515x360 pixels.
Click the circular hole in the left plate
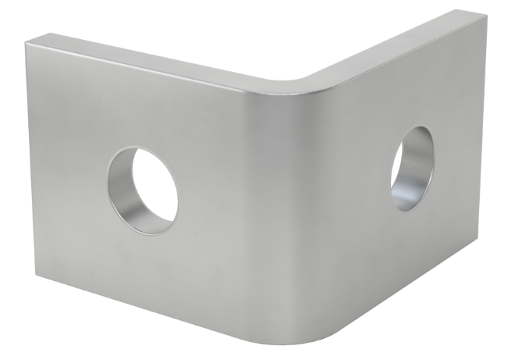pos(143,189)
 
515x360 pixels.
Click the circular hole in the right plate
pos(411,168)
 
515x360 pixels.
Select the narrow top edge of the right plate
pos(390,43)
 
